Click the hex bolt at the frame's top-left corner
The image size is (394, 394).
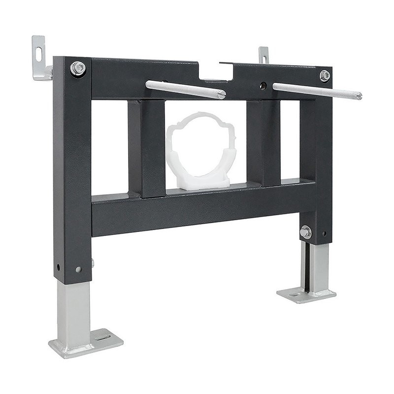(78, 68)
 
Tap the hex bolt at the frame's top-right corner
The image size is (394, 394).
(325, 75)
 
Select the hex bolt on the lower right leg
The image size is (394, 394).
(305, 231)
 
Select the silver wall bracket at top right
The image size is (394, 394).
(264, 55)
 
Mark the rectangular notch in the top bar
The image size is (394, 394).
(216, 72)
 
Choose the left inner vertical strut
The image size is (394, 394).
(146, 148)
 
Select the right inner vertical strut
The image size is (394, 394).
(263, 143)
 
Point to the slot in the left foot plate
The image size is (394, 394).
(103, 337)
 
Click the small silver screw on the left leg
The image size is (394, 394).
(79, 269)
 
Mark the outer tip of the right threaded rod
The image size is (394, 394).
(359, 96)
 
